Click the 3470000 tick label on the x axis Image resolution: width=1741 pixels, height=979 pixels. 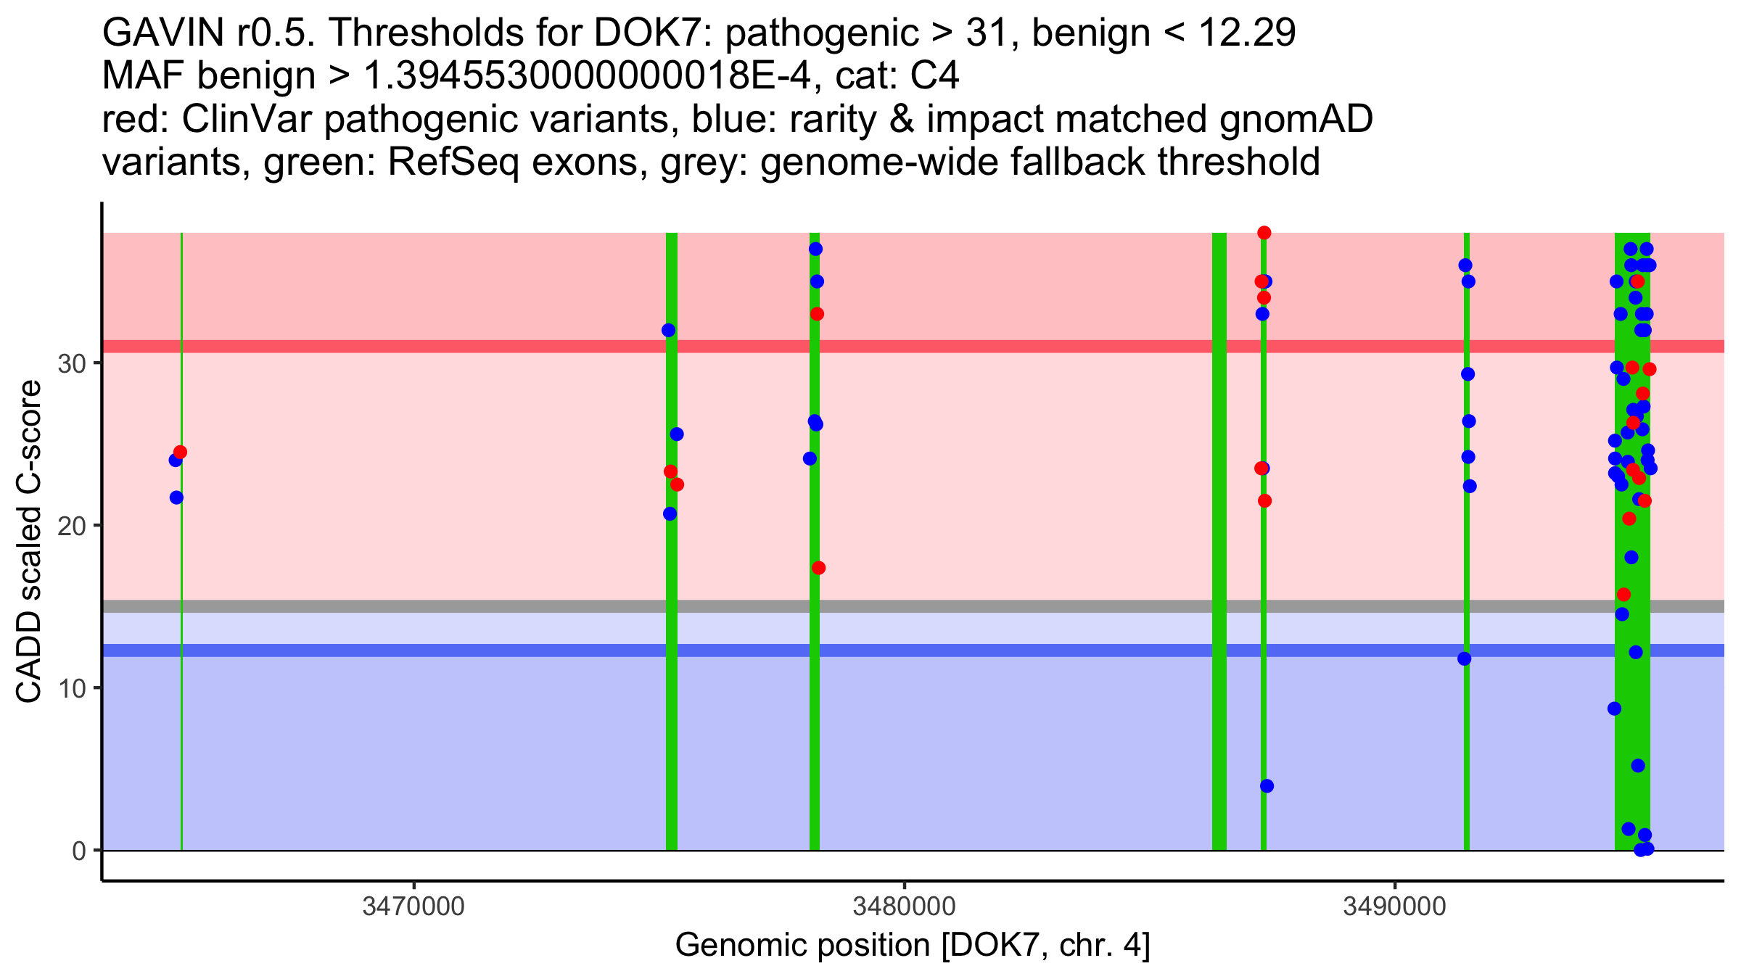413,907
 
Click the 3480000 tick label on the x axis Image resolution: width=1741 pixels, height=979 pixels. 904,907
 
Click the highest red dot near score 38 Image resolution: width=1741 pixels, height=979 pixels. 1264,233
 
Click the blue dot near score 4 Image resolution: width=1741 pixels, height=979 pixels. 1267,786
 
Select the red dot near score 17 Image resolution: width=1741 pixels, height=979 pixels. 818,568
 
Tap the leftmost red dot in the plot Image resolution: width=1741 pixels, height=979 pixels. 180,453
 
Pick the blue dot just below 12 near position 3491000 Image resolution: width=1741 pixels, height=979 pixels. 1465,658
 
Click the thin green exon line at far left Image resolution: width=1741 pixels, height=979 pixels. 181,653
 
